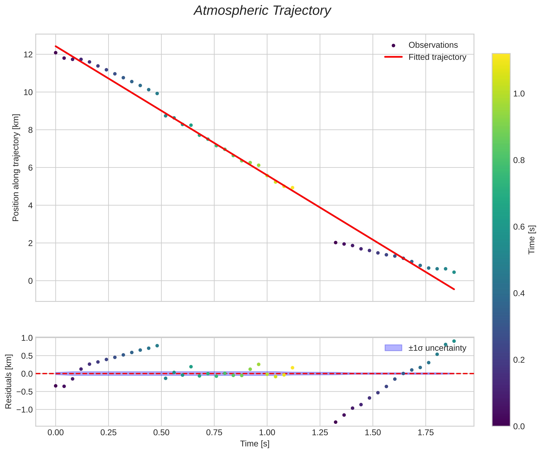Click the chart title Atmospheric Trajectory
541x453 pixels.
click(262, 11)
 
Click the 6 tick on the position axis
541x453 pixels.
click(31, 168)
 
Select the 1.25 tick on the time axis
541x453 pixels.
click(320, 432)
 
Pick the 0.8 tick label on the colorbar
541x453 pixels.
click(519, 160)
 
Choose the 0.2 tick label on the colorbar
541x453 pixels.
click(519, 360)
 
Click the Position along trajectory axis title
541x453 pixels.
click(16, 168)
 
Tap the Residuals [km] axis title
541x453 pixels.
click(8, 382)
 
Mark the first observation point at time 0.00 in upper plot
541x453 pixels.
click(56, 53)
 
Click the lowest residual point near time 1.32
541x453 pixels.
click(335, 422)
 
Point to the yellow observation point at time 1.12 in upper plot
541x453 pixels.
click(292, 188)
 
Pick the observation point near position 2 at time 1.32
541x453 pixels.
click(335, 243)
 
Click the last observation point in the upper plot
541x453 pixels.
click(454, 272)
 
